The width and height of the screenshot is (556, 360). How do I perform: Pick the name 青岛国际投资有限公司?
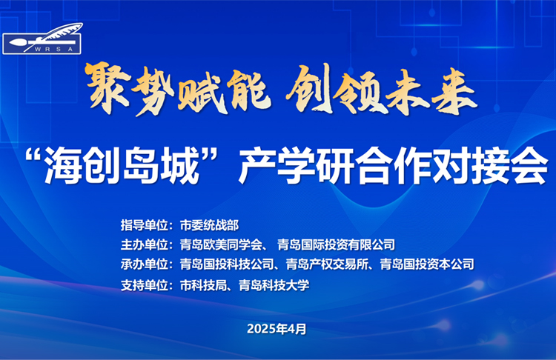337,244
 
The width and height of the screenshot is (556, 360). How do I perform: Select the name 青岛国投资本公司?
426,264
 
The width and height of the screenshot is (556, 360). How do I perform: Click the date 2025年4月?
277,328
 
